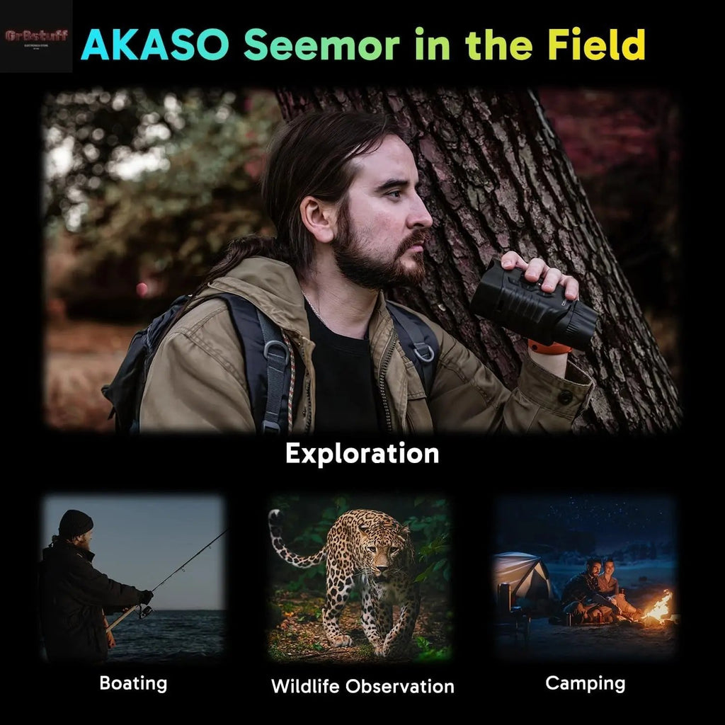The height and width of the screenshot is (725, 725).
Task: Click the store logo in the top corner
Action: (x=36, y=36)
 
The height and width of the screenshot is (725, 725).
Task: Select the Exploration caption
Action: (x=362, y=453)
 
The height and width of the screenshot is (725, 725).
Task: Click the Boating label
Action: (x=133, y=683)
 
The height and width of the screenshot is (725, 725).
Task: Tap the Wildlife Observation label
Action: (x=362, y=685)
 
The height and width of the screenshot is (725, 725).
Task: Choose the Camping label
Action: (x=586, y=683)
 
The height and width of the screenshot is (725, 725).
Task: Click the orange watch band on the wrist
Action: (x=549, y=348)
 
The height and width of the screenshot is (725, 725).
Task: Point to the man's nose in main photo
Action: (x=424, y=217)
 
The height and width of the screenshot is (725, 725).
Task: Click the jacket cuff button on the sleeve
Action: (x=566, y=397)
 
